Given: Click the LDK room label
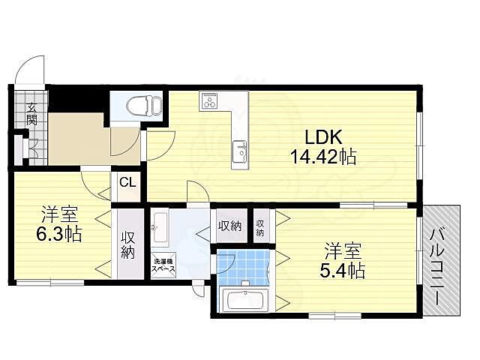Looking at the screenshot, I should point(322,137).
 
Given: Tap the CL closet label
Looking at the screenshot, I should point(127,181).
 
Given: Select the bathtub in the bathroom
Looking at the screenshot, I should point(244,302).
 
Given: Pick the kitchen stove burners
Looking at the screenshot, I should point(208,100).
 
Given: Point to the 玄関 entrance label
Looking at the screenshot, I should point(31,112).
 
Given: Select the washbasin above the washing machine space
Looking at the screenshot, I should point(159,223).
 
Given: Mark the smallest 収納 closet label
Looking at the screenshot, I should point(260,227).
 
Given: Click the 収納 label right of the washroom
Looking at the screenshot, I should point(229,226).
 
